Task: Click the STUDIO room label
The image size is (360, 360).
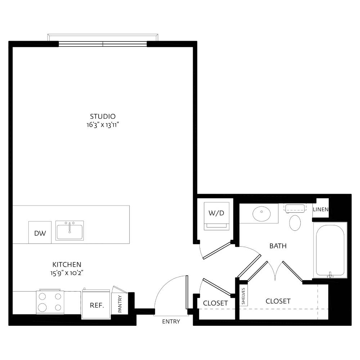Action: pos(103,116)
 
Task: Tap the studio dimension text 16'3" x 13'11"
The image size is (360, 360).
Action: pos(103,125)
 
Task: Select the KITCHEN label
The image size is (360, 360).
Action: pos(67,265)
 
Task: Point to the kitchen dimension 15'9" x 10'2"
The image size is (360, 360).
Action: pos(67,273)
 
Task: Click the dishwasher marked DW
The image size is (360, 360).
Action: pos(40,232)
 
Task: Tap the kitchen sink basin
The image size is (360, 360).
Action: pos(69,231)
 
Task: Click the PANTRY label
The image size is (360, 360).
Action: pos(120,303)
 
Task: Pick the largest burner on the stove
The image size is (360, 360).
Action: pos(42,307)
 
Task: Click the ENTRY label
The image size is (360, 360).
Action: pos(171,321)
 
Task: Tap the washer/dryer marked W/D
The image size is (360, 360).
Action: pos(216,216)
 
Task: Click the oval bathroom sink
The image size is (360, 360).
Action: pos(261,213)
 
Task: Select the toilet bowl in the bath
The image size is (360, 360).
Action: pos(295,223)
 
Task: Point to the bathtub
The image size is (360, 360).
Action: pos(330,250)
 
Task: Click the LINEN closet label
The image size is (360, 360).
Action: pos(320,210)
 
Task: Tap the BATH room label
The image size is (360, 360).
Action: pos(278,246)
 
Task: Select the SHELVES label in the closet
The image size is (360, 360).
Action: pos(243,296)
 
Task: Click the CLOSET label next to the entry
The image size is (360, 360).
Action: pos(215,303)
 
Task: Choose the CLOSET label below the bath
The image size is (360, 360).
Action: pos(278,301)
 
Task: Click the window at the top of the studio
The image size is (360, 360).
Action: pos(103,44)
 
